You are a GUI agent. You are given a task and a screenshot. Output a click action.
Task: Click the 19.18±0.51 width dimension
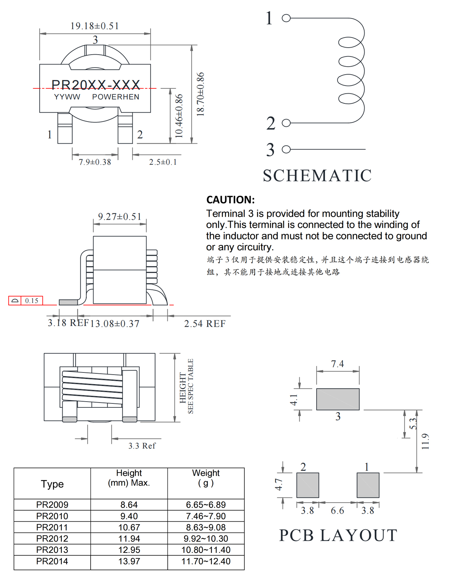pos(95,26)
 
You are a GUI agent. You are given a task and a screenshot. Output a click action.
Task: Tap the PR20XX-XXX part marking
pos(96,85)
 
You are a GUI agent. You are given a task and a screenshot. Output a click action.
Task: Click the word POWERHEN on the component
pos(115,97)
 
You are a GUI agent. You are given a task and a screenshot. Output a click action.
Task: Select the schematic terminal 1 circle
pos(286,18)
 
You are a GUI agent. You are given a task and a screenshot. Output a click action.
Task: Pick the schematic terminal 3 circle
pos(286,149)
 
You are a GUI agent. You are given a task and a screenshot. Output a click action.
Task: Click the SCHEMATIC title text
pos(317,176)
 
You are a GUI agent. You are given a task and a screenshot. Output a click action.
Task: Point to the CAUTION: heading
pos(230,200)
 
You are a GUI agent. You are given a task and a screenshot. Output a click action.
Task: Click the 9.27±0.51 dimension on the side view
pos(119,217)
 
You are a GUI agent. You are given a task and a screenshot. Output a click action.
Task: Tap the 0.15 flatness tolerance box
pos(32,301)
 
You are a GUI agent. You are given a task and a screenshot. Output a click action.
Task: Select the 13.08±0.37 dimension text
pos(115,324)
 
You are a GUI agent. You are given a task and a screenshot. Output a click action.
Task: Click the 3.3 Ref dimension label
pos(142,446)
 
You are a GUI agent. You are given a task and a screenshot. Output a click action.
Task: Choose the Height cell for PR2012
pos(129,538)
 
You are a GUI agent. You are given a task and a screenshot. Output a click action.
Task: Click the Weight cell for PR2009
pos(206,505)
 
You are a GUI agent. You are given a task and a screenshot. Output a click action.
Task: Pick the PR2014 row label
pos(52,561)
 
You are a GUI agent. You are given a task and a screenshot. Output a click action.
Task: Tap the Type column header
pos(52,484)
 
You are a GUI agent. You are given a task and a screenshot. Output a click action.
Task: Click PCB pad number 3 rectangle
pos(338,399)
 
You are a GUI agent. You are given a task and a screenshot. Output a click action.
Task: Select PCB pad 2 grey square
pos(307,485)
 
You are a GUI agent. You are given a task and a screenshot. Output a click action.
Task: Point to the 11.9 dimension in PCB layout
pos(425,441)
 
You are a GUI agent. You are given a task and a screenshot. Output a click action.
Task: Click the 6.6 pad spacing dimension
pos(337,511)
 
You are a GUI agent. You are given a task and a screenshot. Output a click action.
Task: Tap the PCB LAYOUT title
pos(338,535)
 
